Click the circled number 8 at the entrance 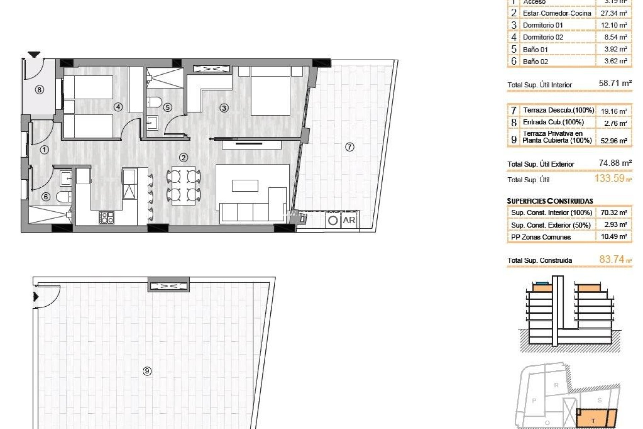pos(40,90)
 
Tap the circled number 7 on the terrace pos(349,147)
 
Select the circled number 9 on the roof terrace pos(147,371)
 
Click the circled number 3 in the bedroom pos(224,108)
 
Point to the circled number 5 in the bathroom pos(167,107)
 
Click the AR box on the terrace pos(349,220)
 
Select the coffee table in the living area pos(245,186)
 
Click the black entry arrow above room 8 pos(34,54)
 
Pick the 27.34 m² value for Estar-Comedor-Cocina pos(614,13)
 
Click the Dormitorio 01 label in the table pos(543,25)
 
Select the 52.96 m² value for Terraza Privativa pos(614,141)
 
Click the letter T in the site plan pos(593,421)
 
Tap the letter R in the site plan pos(556,385)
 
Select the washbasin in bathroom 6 pos(65,178)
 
